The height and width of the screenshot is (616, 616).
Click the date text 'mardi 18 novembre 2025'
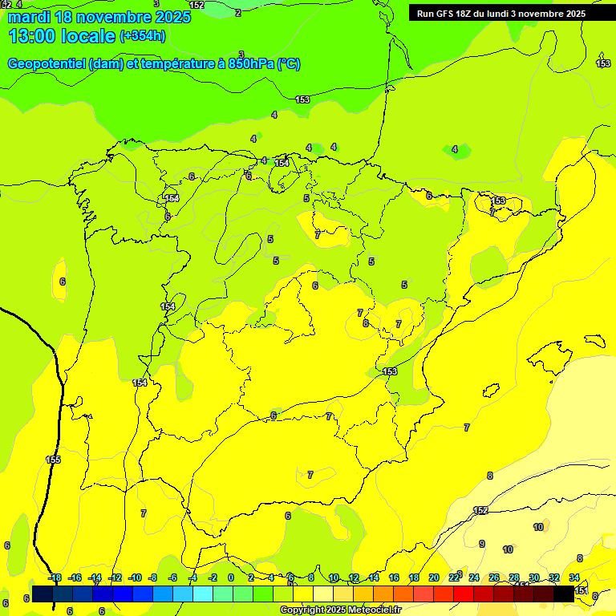(x=99, y=17)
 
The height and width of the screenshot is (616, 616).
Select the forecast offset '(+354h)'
(x=142, y=36)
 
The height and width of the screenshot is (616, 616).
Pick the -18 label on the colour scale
(x=55, y=577)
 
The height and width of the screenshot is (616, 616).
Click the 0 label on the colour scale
(x=231, y=577)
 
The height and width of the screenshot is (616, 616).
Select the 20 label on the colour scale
(x=434, y=577)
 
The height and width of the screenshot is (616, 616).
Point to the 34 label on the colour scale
(x=574, y=577)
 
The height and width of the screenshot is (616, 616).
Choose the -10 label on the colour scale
(x=135, y=577)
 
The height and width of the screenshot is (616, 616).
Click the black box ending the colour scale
(x=564, y=594)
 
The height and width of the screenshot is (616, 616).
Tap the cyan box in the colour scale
(x=203, y=594)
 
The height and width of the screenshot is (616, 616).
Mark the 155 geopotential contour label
(x=53, y=460)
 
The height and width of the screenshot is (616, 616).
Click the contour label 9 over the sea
(x=482, y=544)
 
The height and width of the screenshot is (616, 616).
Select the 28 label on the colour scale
(x=514, y=577)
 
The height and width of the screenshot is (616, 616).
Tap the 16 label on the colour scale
(x=394, y=577)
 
